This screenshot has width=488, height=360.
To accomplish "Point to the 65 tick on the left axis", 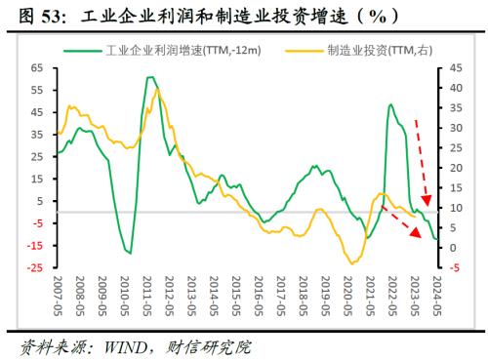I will pyautogui.click(x=39, y=67).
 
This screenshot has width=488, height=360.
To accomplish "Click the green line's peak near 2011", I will pyautogui.click(x=149, y=76).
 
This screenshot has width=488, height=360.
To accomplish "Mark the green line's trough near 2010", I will pyautogui.click(x=129, y=252).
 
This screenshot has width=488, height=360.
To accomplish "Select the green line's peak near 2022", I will pyautogui.click(x=390, y=104).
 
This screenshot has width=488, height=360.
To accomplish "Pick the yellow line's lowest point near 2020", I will pyautogui.click(x=352, y=263).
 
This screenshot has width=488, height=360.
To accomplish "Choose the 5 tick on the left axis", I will pyautogui.click(x=43, y=201).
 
